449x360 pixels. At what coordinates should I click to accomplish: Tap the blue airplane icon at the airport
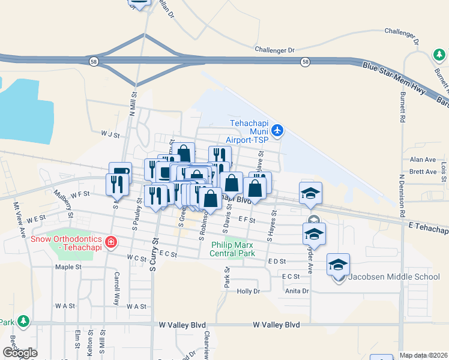(x=277, y=129)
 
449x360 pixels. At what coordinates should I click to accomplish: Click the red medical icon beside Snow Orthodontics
(x=110, y=242)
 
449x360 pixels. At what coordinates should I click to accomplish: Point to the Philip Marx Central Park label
(x=232, y=249)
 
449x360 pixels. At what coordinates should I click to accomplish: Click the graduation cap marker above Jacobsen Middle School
(x=339, y=264)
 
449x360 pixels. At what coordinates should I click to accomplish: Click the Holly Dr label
(x=248, y=291)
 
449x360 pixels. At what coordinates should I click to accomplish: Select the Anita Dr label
(x=297, y=291)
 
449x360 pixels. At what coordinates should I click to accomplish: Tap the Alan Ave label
(x=422, y=160)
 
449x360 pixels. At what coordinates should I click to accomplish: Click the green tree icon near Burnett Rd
(x=439, y=55)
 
